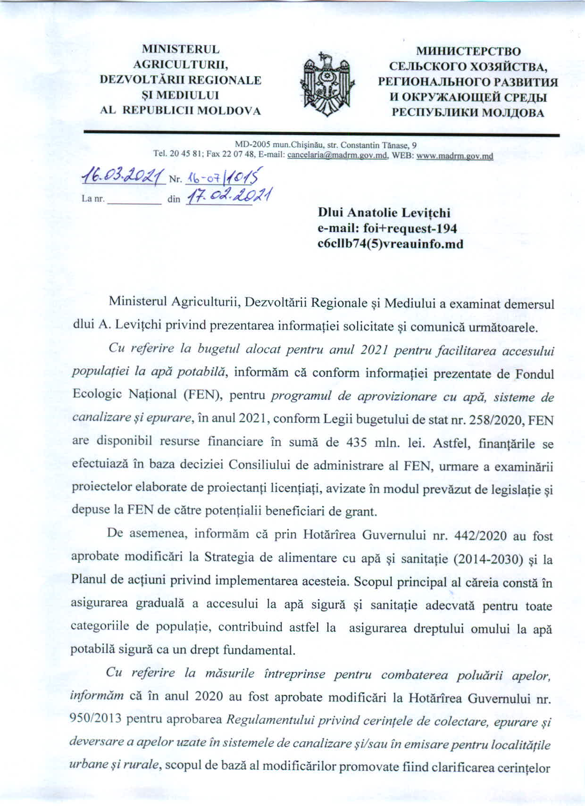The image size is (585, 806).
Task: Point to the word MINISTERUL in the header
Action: [181, 50]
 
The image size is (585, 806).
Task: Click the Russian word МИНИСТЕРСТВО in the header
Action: [468, 51]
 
